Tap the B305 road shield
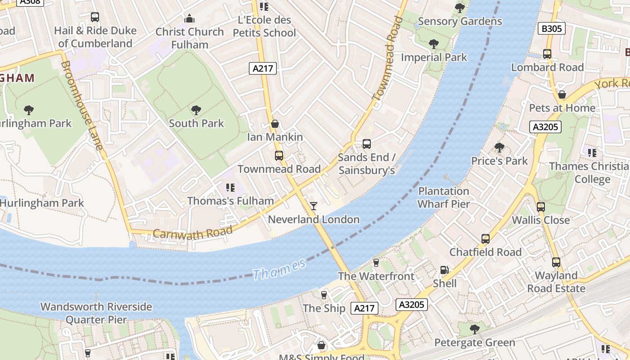point(551,29)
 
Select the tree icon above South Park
point(196,110)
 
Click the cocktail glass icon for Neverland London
point(314,206)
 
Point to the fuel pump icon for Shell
point(444,270)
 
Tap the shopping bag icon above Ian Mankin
point(275,124)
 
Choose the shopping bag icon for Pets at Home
point(562,95)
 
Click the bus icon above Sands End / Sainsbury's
point(367,144)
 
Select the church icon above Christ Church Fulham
point(189,19)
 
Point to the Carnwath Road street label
point(193,232)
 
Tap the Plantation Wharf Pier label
point(444,198)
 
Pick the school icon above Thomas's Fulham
point(230,188)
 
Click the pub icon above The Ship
point(324,295)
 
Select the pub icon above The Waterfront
point(376,263)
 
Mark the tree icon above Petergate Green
point(474,329)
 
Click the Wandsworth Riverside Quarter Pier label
point(96,313)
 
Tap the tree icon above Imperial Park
point(434,44)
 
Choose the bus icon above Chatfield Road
point(485,239)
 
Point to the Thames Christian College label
point(589,173)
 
